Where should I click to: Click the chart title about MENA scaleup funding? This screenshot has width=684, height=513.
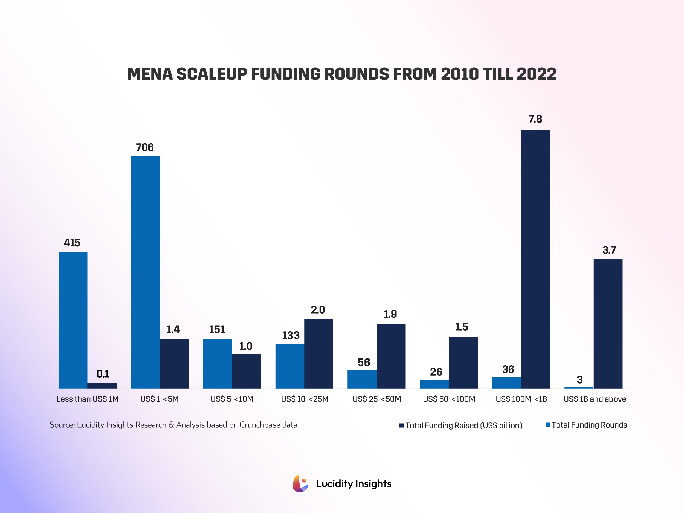tap(342, 74)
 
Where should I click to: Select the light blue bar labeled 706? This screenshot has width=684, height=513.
tap(145, 272)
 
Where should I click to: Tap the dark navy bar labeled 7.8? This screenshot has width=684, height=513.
tap(536, 259)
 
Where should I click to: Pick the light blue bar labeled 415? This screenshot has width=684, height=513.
tap(73, 320)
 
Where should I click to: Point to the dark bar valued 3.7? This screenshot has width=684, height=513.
tap(608, 323)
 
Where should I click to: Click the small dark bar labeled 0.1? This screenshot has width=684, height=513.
tap(102, 386)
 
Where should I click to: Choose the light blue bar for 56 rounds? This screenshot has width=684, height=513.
tap(362, 379)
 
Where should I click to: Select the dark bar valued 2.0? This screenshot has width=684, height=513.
tap(319, 354)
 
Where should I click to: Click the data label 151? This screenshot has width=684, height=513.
tap(217, 330)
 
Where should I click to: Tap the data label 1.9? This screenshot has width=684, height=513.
tap(390, 314)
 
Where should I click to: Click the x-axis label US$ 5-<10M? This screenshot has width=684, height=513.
tap(232, 399)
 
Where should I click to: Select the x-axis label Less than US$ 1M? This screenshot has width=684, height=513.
tap(88, 399)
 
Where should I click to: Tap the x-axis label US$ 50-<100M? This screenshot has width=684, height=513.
tap(449, 399)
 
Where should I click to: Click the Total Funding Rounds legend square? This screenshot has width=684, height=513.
tap(548, 425)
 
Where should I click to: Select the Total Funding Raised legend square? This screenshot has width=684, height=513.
tap(402, 425)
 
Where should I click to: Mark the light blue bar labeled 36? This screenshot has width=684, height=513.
tap(507, 382)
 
